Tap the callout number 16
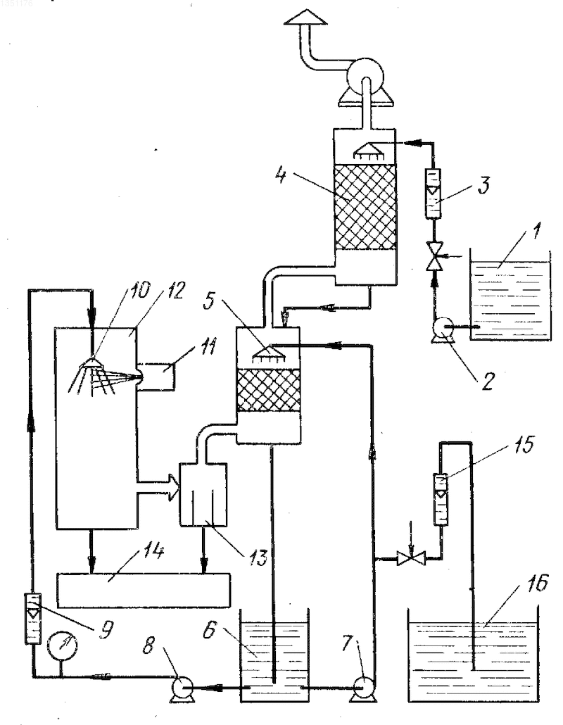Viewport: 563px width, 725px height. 536,584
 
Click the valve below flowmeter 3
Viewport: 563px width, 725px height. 434,257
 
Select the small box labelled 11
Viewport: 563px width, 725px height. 156,377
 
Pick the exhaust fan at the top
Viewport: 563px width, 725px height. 365,81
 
